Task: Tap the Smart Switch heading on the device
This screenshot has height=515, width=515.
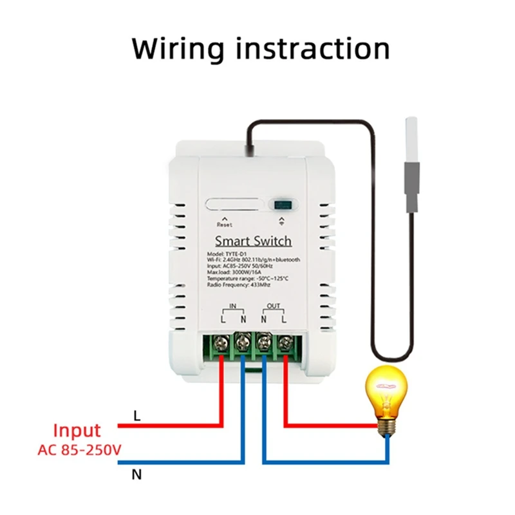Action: [x=254, y=241]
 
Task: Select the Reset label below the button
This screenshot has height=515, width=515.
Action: [x=223, y=225]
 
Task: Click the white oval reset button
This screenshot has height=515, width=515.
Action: [x=234, y=206]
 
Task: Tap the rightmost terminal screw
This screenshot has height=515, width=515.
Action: [x=283, y=342]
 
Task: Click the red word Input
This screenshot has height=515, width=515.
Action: [x=77, y=431]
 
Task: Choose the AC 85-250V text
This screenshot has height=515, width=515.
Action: [x=79, y=449]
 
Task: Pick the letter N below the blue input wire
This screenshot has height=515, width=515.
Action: [x=136, y=476]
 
